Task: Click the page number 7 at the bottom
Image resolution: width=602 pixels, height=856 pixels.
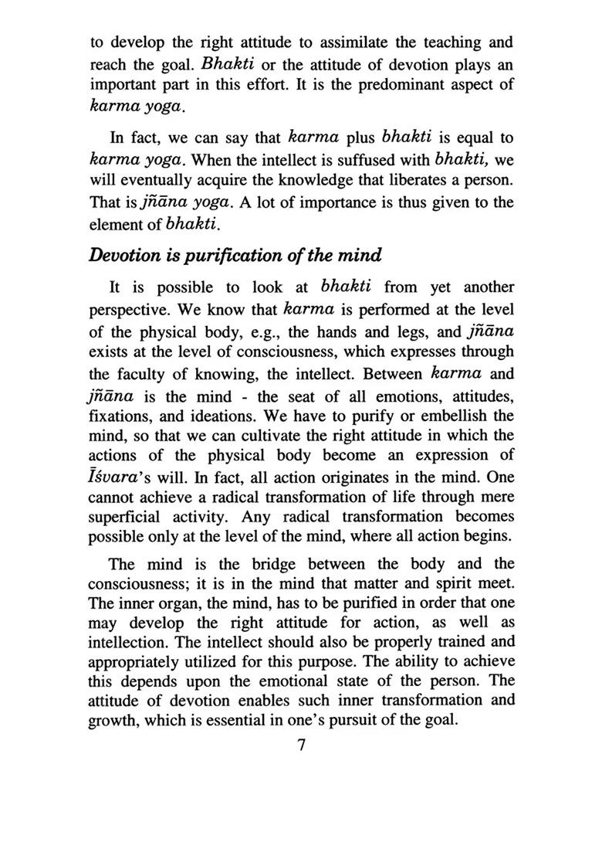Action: [x=301, y=746]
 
